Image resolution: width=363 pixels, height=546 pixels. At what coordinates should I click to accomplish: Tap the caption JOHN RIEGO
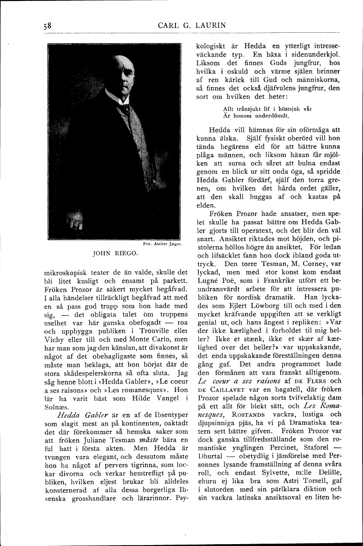click(x=115, y=254)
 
